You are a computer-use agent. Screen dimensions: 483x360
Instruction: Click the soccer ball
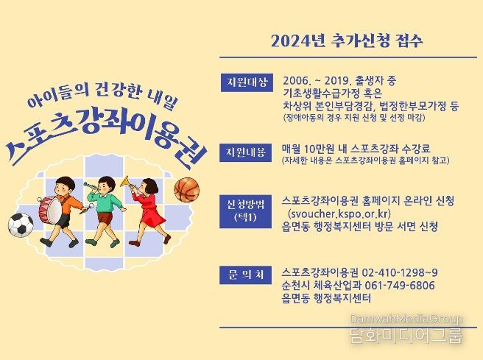(21, 225)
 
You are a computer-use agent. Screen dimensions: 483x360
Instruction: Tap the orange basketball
(187, 191)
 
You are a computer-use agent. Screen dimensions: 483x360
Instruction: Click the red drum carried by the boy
(51, 211)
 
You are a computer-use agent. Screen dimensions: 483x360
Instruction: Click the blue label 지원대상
(247, 82)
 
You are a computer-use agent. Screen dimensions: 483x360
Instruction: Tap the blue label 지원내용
(245, 152)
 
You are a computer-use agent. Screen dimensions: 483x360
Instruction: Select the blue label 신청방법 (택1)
(245, 211)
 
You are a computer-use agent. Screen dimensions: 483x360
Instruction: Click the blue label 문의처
(245, 275)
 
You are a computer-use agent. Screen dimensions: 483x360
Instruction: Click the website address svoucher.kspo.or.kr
(339, 213)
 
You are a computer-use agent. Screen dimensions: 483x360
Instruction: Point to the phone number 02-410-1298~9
(400, 273)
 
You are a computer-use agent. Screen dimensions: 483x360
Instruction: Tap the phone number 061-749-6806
(400, 286)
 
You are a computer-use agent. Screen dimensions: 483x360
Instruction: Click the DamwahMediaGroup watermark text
(406, 319)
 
